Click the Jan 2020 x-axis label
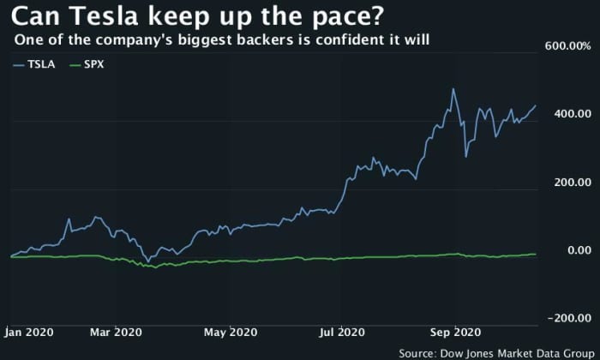(x=29, y=332)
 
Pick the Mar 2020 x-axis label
(x=116, y=332)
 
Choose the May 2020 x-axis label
(x=231, y=332)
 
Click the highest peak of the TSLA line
(x=453, y=89)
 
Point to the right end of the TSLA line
(x=537, y=106)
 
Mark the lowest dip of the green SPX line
(x=154, y=268)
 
